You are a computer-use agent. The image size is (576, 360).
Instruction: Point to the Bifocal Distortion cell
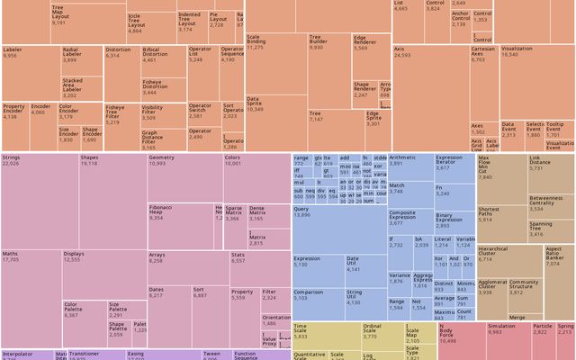(162, 62)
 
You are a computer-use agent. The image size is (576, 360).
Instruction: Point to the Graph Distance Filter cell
(162, 140)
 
